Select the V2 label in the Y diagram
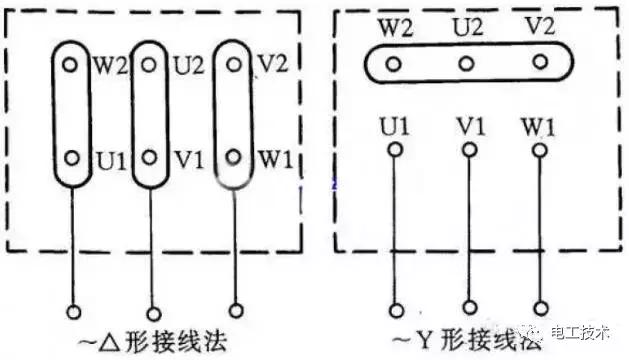pyautogui.click(x=539, y=25)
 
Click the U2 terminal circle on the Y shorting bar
pyautogui.click(x=467, y=64)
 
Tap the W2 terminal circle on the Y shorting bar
pyautogui.click(x=394, y=64)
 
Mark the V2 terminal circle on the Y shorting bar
pyautogui.click(x=540, y=63)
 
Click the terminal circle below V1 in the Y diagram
pyautogui.click(x=467, y=151)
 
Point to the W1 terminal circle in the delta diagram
pyautogui.click(x=233, y=157)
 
